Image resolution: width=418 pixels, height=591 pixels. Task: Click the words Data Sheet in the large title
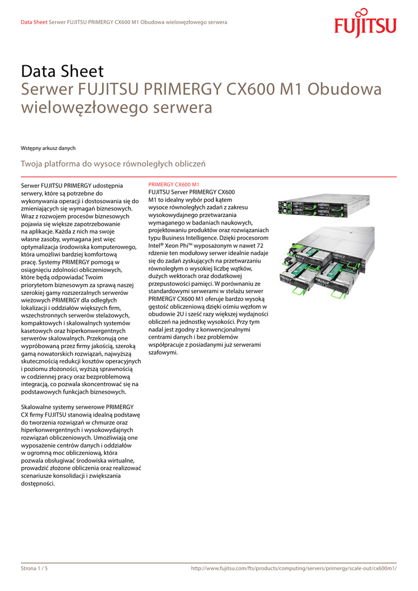[62, 72]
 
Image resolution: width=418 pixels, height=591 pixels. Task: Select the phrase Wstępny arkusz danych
[48, 148]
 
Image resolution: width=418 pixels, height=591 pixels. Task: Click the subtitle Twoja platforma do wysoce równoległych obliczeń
[113, 164]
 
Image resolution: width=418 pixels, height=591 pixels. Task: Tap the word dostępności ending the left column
[38, 484]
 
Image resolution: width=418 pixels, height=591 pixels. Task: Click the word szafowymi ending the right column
[163, 352]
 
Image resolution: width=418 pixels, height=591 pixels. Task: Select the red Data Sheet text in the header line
[33, 22]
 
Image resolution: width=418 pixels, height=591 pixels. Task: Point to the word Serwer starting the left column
[31, 185]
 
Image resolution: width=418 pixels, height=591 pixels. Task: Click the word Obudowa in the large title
[344, 89]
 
